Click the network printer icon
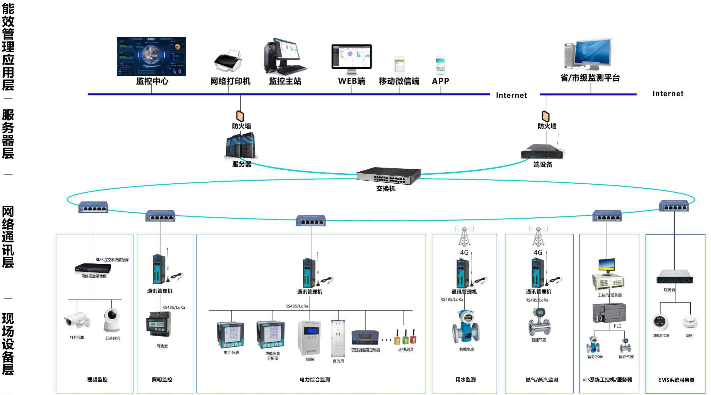tap(228, 61)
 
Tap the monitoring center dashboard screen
tap(151, 56)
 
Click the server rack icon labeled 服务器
tap(241, 146)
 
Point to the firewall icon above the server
tap(240, 116)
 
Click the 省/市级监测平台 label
tap(590, 78)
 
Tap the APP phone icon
tap(440, 65)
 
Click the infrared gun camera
tap(77, 320)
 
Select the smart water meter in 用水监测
tap(466, 327)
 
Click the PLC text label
tap(617, 326)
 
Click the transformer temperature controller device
tap(365, 337)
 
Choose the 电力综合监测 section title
tap(315, 380)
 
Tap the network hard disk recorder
tap(93, 268)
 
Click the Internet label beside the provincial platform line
tap(668, 94)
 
